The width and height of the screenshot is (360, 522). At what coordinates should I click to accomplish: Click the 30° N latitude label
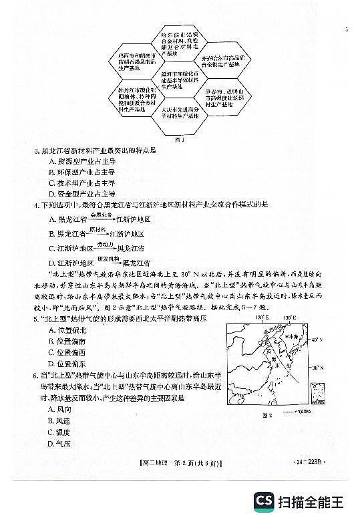(318, 368)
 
